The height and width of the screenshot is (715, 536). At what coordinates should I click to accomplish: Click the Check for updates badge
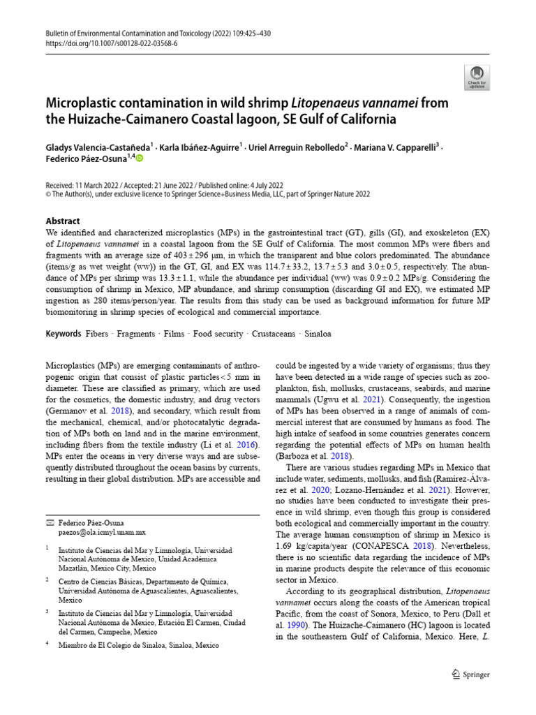tap(477, 78)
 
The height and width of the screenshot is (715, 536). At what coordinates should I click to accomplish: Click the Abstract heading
tap(63, 221)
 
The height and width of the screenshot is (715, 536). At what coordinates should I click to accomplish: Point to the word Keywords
tap(64, 334)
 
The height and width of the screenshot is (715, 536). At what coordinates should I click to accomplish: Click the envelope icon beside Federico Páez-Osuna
tap(50, 522)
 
